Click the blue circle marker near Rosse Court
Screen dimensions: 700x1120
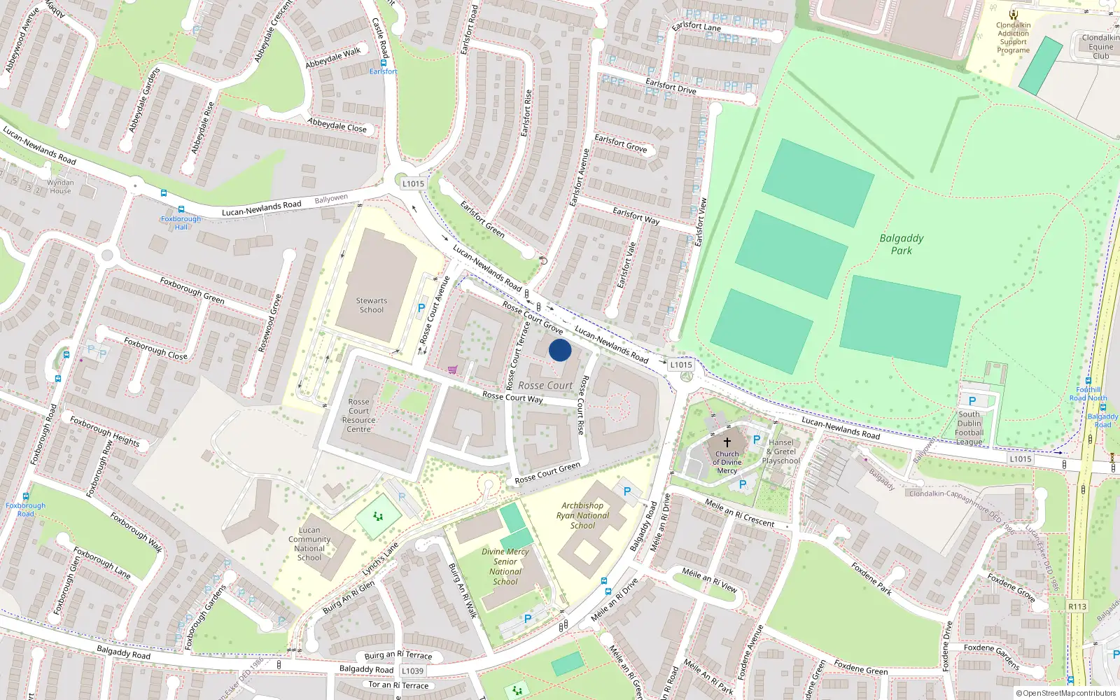pyautogui.click(x=560, y=350)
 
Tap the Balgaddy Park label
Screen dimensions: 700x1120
pyautogui.click(x=902, y=244)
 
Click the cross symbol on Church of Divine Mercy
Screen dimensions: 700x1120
pyautogui.click(x=727, y=442)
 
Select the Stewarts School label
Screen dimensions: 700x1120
pyautogui.click(x=372, y=305)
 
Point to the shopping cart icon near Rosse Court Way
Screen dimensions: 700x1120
pyautogui.click(x=453, y=370)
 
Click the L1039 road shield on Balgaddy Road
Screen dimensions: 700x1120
pyautogui.click(x=412, y=671)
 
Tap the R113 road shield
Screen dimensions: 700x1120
pyautogui.click(x=1077, y=606)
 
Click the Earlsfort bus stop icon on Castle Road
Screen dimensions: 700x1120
pyautogui.click(x=384, y=62)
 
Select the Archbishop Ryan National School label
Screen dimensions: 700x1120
pyautogui.click(x=582, y=515)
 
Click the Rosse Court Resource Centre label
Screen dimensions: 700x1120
pyautogui.click(x=359, y=416)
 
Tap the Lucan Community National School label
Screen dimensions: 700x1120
pyautogui.click(x=309, y=544)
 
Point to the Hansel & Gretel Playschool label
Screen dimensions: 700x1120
pyautogui.click(x=781, y=451)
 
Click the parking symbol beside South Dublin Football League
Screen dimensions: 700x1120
pyautogui.click(x=972, y=401)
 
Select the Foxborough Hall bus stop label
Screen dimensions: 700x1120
pyautogui.click(x=181, y=223)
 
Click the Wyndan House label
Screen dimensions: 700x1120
pyautogui.click(x=60, y=187)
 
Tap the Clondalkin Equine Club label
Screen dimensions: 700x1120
pyautogui.click(x=1100, y=47)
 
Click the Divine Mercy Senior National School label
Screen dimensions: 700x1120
pyautogui.click(x=505, y=566)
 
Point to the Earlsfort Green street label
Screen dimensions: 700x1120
pyautogui.click(x=482, y=219)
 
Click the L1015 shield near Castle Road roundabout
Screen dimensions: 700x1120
pyautogui.click(x=413, y=183)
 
